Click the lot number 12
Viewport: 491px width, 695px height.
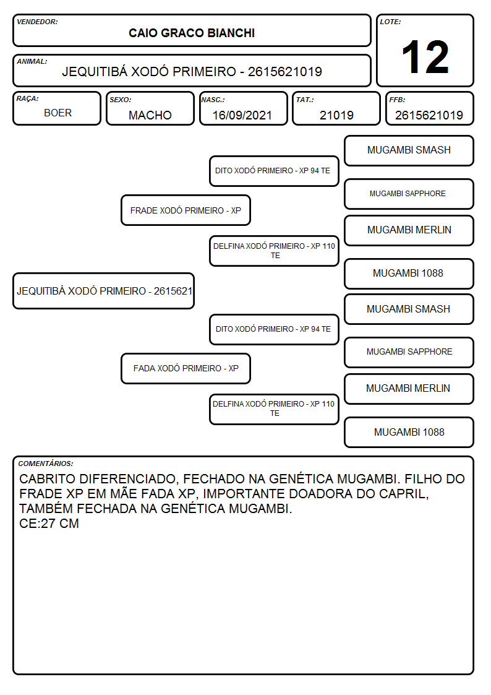click(425, 57)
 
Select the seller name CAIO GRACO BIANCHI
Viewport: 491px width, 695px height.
click(192, 33)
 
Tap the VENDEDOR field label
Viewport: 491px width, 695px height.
click(37, 22)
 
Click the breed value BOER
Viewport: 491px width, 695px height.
click(58, 113)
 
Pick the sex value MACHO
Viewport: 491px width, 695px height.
click(150, 115)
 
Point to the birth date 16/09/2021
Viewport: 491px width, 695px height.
click(242, 115)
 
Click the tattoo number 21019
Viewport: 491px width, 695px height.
click(336, 115)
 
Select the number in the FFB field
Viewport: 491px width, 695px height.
click(429, 115)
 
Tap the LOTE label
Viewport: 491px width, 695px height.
click(390, 22)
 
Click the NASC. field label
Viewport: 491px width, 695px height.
click(213, 100)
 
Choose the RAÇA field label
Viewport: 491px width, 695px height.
click(27, 99)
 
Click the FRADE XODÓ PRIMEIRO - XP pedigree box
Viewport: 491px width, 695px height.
click(186, 210)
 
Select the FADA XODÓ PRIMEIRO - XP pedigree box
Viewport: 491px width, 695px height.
click(186, 368)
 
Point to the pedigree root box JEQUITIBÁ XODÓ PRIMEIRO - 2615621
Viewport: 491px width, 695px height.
click(104, 291)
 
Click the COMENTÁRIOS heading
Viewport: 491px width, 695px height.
click(46, 464)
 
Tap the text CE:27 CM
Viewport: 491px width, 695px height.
click(49, 524)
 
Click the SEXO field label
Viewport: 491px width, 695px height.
click(121, 100)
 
